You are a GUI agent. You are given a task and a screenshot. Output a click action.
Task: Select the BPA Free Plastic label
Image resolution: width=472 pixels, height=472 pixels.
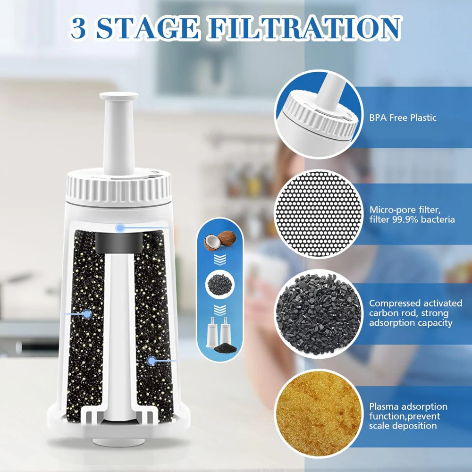tap(403, 118)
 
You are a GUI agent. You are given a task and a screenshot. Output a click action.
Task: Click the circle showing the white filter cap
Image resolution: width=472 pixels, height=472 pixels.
tap(319, 114)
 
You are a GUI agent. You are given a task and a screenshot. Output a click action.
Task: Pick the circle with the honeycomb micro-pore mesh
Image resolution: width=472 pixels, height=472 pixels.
tap(319, 214)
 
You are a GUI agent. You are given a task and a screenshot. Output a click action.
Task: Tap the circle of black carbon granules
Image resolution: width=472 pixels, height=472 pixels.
tap(319, 313)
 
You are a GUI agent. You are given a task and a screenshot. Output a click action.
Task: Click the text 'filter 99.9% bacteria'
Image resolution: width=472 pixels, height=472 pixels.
tap(412, 219)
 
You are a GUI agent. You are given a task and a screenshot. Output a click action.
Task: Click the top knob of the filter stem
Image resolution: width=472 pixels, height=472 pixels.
tap(118, 97)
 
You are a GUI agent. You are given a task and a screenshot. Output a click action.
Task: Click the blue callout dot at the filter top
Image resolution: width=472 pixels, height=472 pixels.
tap(120, 228)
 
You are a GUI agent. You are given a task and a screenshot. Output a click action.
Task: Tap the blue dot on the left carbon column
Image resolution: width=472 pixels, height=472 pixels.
tap(87, 313)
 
